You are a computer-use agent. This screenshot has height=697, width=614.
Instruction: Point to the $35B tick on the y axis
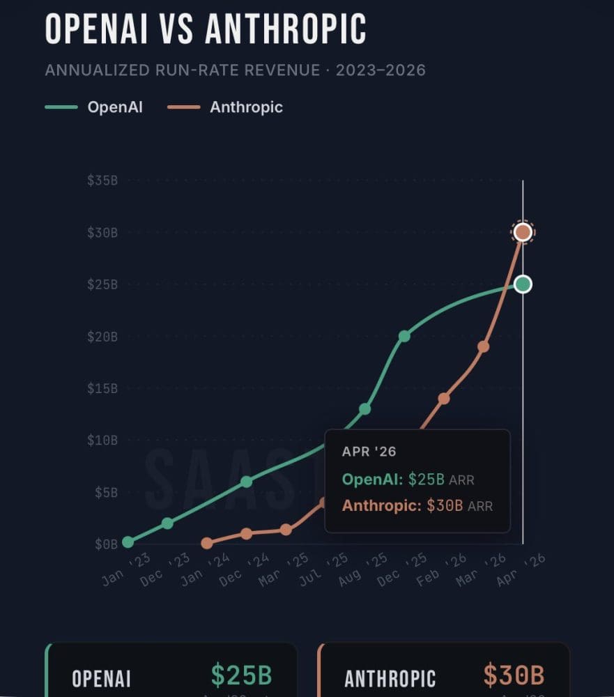[102, 181]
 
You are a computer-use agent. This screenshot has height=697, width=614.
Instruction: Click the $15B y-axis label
[102, 388]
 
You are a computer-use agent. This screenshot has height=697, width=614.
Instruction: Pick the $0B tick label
[105, 544]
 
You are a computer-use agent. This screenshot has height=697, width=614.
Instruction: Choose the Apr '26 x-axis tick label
[521, 570]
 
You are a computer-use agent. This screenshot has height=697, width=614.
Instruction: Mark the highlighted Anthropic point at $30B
[523, 233]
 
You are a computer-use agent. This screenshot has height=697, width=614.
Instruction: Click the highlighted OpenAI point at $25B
[523, 284]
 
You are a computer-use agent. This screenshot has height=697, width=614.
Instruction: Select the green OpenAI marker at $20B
[404, 337]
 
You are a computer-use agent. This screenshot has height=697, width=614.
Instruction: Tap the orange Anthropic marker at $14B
[444, 399]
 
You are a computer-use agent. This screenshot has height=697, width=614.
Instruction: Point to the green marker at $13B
[364, 409]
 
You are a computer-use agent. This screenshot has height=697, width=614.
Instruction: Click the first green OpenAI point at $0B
[128, 542]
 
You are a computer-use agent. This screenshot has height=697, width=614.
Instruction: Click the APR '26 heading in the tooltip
[369, 452]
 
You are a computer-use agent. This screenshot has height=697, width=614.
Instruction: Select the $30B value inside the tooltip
[445, 506]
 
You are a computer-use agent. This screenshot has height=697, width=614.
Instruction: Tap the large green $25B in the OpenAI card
[241, 675]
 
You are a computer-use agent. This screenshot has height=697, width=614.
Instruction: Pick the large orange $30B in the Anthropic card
[514, 675]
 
